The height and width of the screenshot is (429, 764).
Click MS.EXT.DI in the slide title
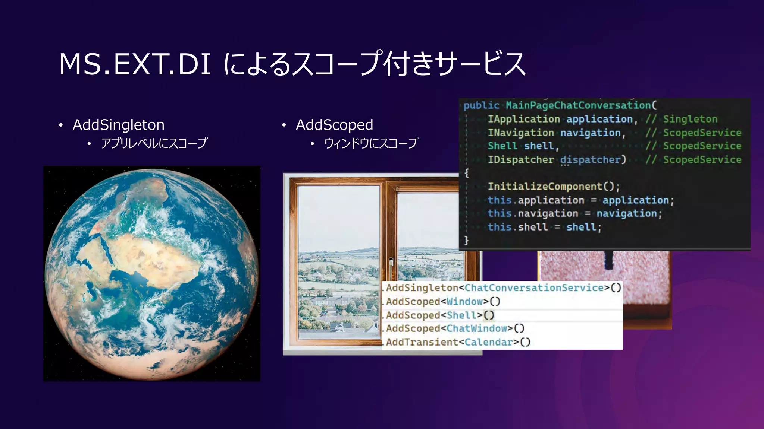pyautogui.click(x=135, y=64)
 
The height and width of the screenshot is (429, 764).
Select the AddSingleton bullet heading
pyautogui.click(x=118, y=125)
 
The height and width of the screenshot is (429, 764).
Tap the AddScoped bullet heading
pyautogui.click(x=334, y=125)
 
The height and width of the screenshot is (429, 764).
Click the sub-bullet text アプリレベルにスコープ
pyautogui.click(x=154, y=143)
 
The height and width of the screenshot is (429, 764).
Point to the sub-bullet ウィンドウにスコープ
pyautogui.click(x=371, y=143)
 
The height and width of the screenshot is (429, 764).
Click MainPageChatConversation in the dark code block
pyautogui.click(x=578, y=105)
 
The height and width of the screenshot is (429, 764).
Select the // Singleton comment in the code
pyautogui.click(x=682, y=119)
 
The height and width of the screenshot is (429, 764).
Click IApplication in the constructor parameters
pyautogui.click(x=524, y=119)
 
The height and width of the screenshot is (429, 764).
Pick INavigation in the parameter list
pyautogui.click(x=521, y=133)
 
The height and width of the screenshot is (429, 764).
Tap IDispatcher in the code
pyautogui.click(x=521, y=160)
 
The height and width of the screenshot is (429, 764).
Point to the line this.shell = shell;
pyautogui.click(x=545, y=227)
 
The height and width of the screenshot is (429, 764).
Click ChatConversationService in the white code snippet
pyautogui.click(x=534, y=288)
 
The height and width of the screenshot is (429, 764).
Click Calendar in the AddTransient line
pyautogui.click(x=489, y=342)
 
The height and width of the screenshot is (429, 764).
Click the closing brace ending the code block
pyautogui.click(x=466, y=240)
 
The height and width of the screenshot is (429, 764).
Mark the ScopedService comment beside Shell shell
pyautogui.click(x=694, y=146)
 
